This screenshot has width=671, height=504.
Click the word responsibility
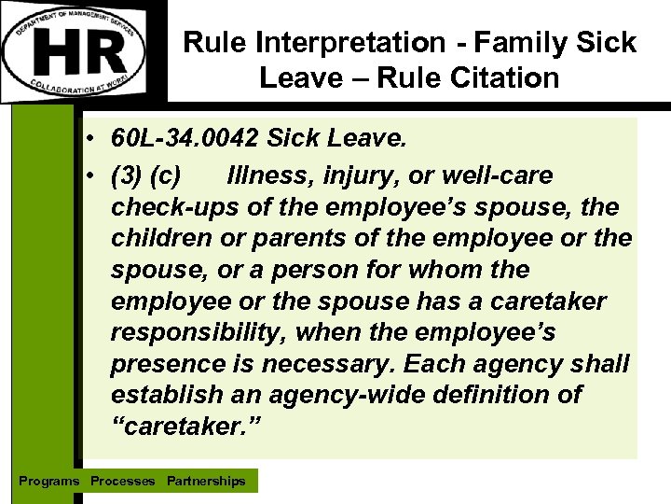[193, 332]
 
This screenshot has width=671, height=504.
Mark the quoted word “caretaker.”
[186, 427]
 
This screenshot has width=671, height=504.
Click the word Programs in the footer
[49, 481]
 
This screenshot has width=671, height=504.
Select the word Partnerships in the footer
[206, 481]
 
